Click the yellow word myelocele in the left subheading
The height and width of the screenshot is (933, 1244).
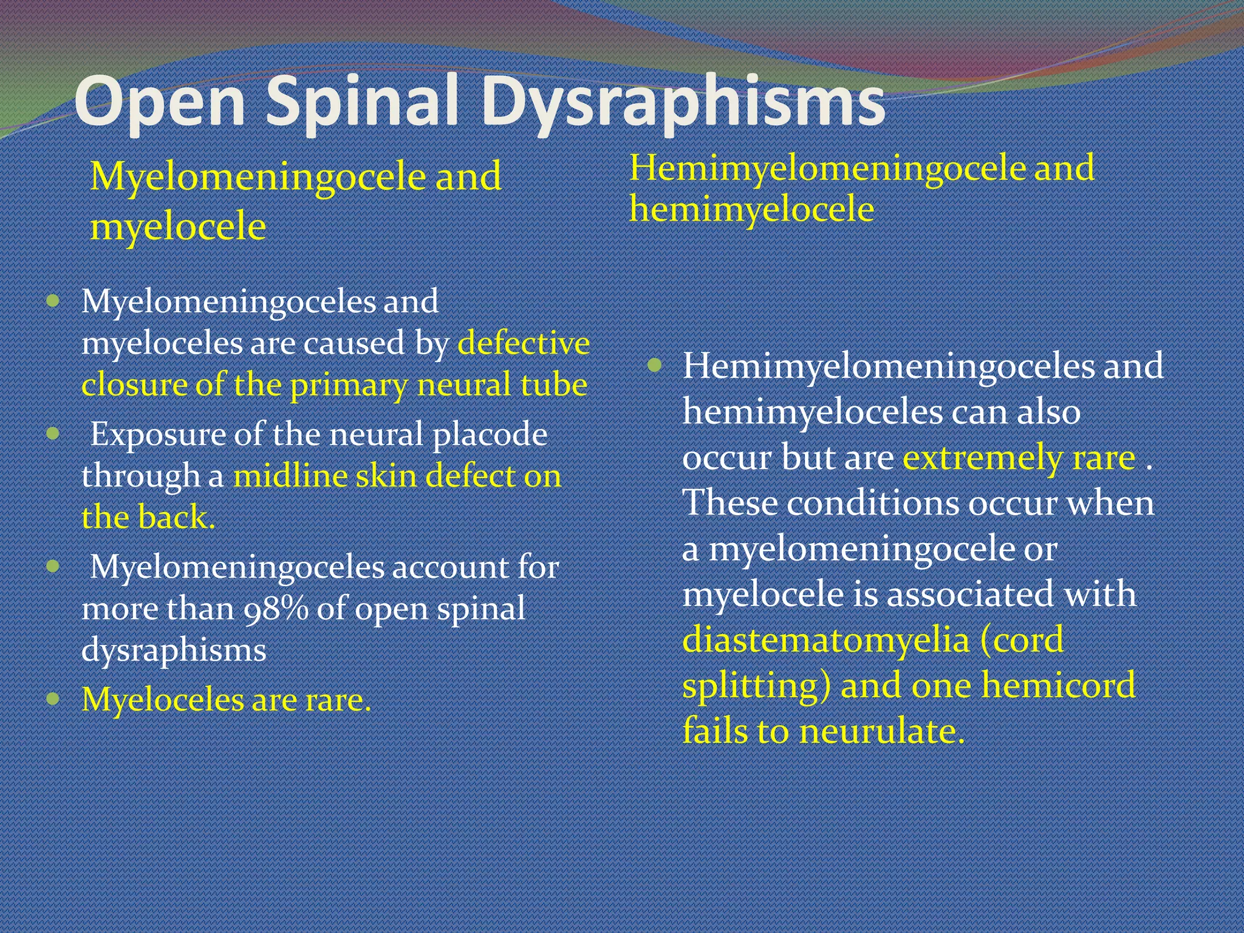click(178, 227)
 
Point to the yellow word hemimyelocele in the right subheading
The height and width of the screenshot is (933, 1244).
click(751, 210)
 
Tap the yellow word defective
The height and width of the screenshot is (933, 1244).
click(524, 343)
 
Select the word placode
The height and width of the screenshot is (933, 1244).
click(490, 434)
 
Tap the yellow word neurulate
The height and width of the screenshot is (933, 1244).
click(881, 731)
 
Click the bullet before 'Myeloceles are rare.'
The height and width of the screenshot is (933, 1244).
click(53, 698)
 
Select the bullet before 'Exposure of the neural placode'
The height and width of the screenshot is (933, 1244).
click(53, 433)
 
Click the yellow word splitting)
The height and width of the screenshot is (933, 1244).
click(756, 686)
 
